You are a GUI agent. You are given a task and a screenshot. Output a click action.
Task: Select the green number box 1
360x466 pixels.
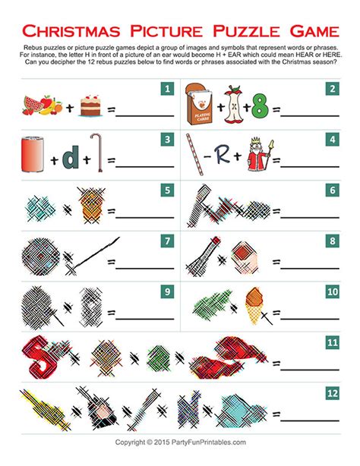click(165, 92)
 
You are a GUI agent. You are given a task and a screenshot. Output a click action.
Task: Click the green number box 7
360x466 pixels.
click(165, 241)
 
